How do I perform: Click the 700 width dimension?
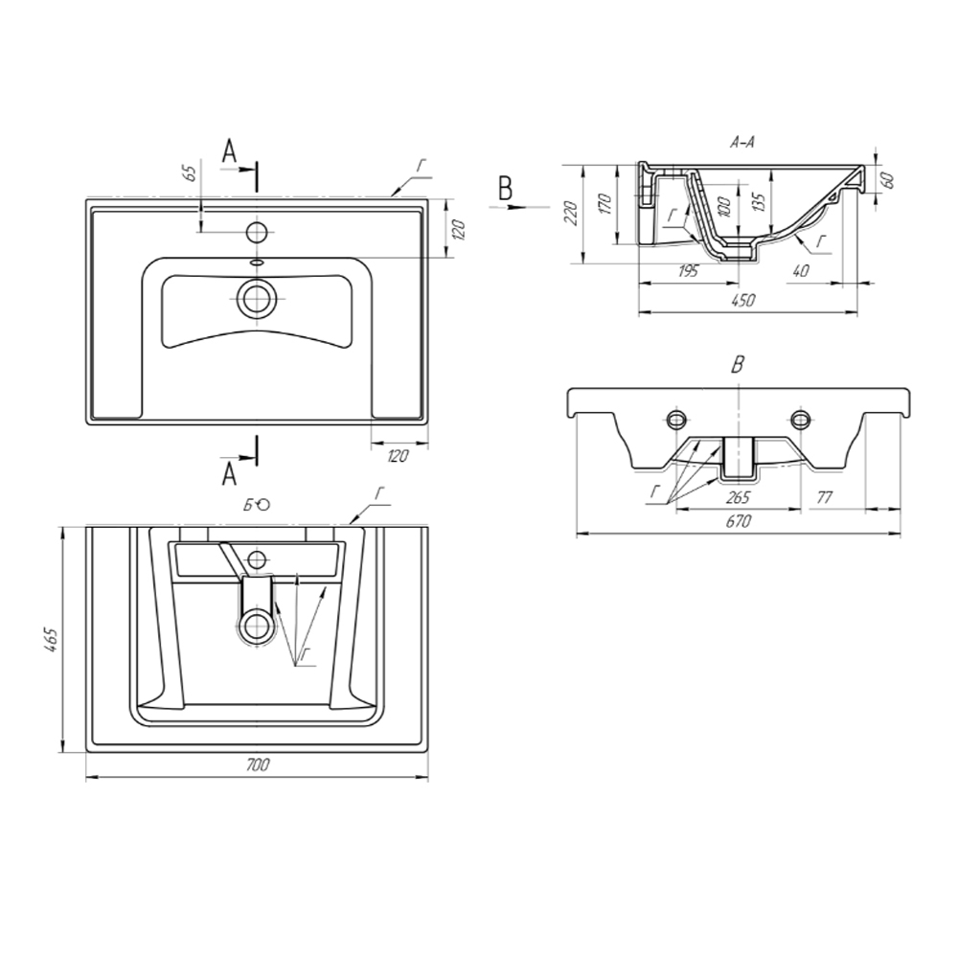(x=257, y=764)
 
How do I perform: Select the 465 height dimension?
(x=52, y=639)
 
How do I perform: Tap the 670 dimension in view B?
(x=739, y=521)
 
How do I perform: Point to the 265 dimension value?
(x=738, y=497)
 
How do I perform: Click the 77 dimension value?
(x=824, y=497)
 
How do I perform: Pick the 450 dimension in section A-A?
(x=744, y=300)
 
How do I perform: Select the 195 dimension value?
(x=688, y=271)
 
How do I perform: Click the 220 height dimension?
(x=572, y=213)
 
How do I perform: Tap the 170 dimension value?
(x=604, y=203)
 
